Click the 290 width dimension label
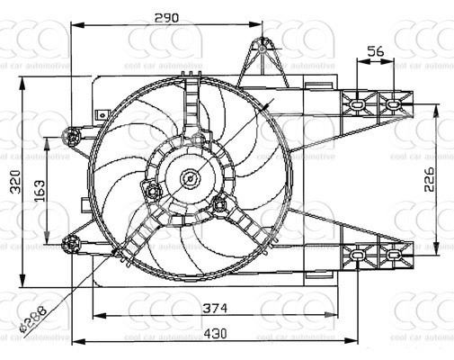164,16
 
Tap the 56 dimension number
376,52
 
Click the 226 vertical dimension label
429,179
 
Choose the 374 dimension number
214,308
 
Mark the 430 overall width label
214,332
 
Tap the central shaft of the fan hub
190,177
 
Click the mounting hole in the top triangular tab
263,44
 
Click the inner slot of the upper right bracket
359,103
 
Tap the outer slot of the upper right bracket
392,103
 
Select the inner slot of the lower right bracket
359,256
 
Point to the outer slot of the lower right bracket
392,256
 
